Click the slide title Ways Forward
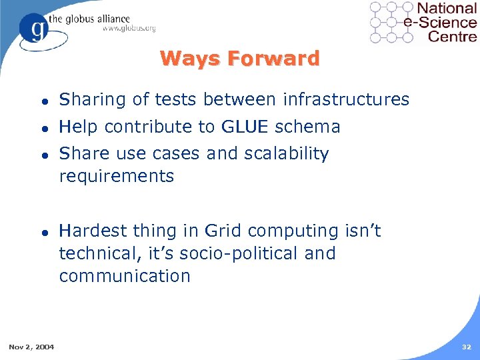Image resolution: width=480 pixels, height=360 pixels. point(240,59)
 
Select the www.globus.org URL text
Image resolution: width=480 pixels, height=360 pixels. point(129,28)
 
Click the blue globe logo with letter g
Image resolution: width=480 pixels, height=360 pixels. point(35,29)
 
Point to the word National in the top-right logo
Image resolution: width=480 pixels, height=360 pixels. point(446,9)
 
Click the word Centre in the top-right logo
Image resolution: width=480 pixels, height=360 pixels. point(452,36)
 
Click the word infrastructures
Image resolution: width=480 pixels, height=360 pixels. point(346,100)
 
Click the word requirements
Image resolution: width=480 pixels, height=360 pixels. point(117,177)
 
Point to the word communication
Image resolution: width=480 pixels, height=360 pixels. point(125,276)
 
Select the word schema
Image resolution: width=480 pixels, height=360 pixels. point(313,127)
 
